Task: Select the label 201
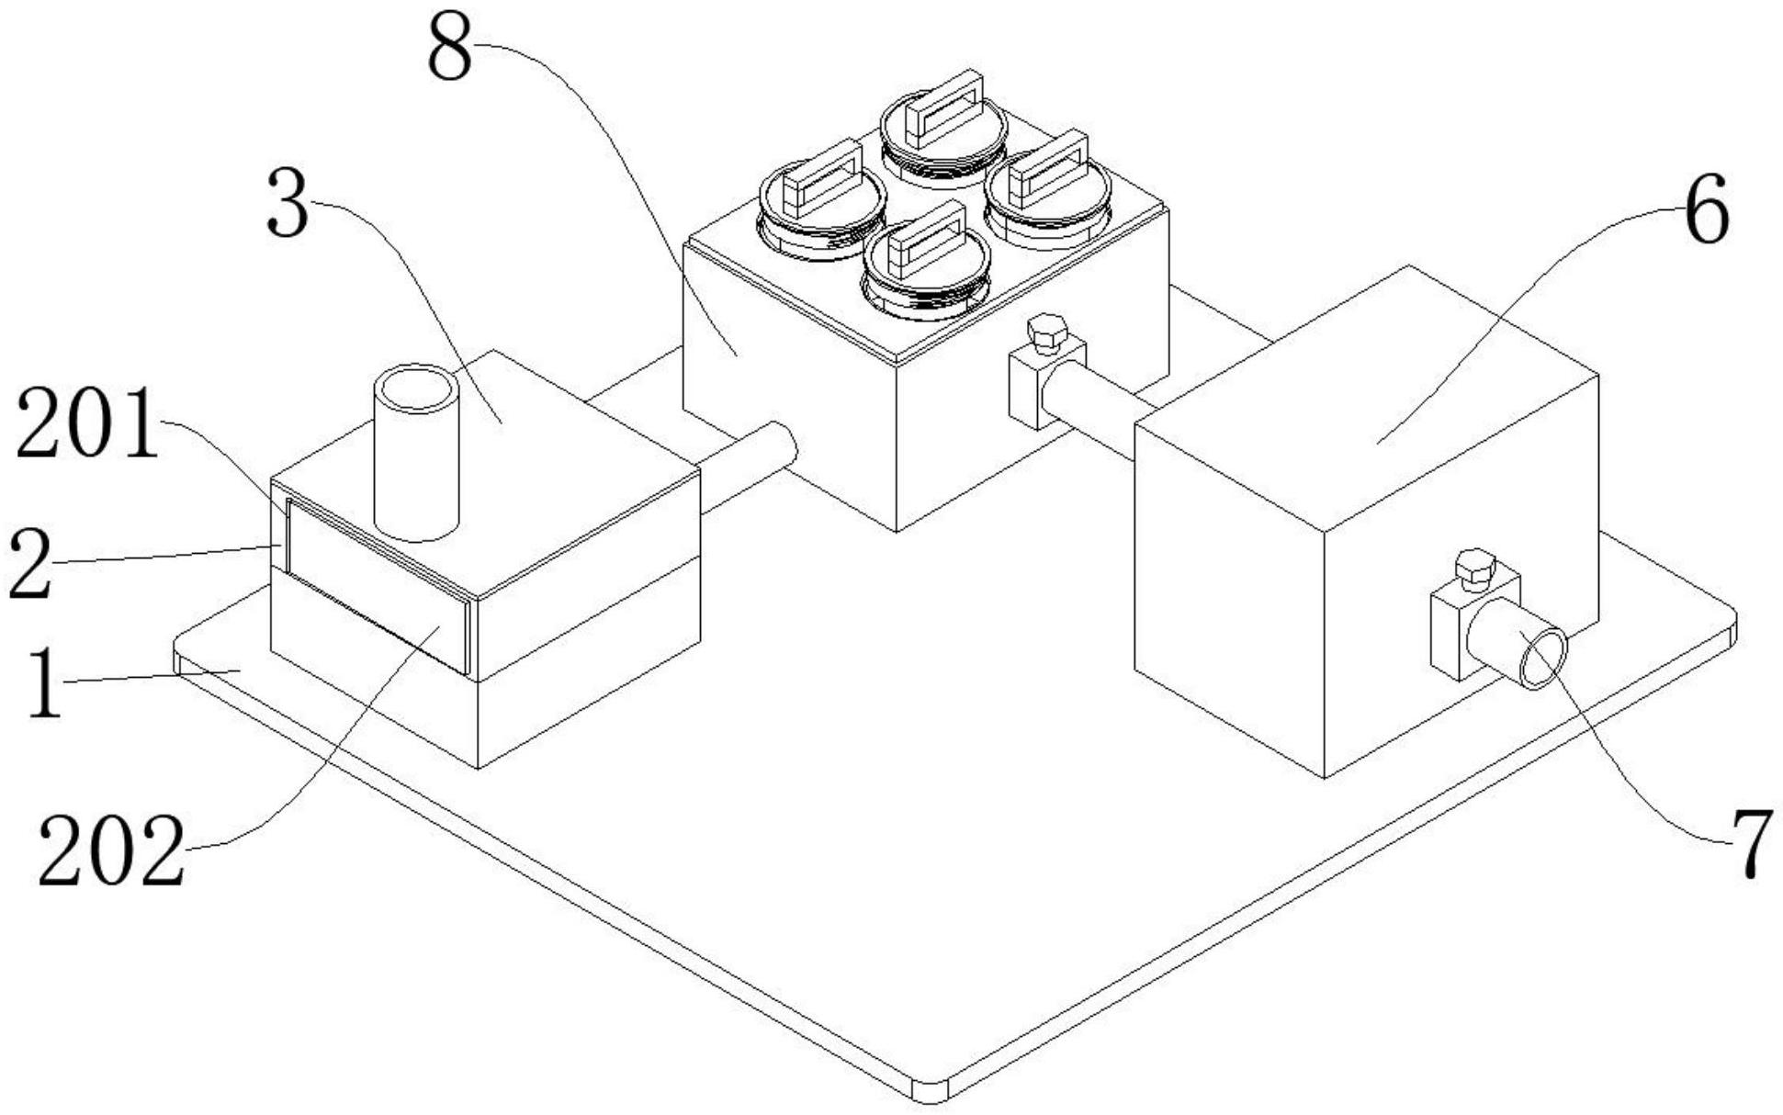pos(87,424)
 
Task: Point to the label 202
pos(110,851)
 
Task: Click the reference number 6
pos(1707,211)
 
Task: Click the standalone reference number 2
pos(29,568)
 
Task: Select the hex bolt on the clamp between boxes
pos(1046,332)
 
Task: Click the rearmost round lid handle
pos(944,110)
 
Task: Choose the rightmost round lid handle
pos(1047,170)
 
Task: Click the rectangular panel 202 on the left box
pos(377,588)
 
